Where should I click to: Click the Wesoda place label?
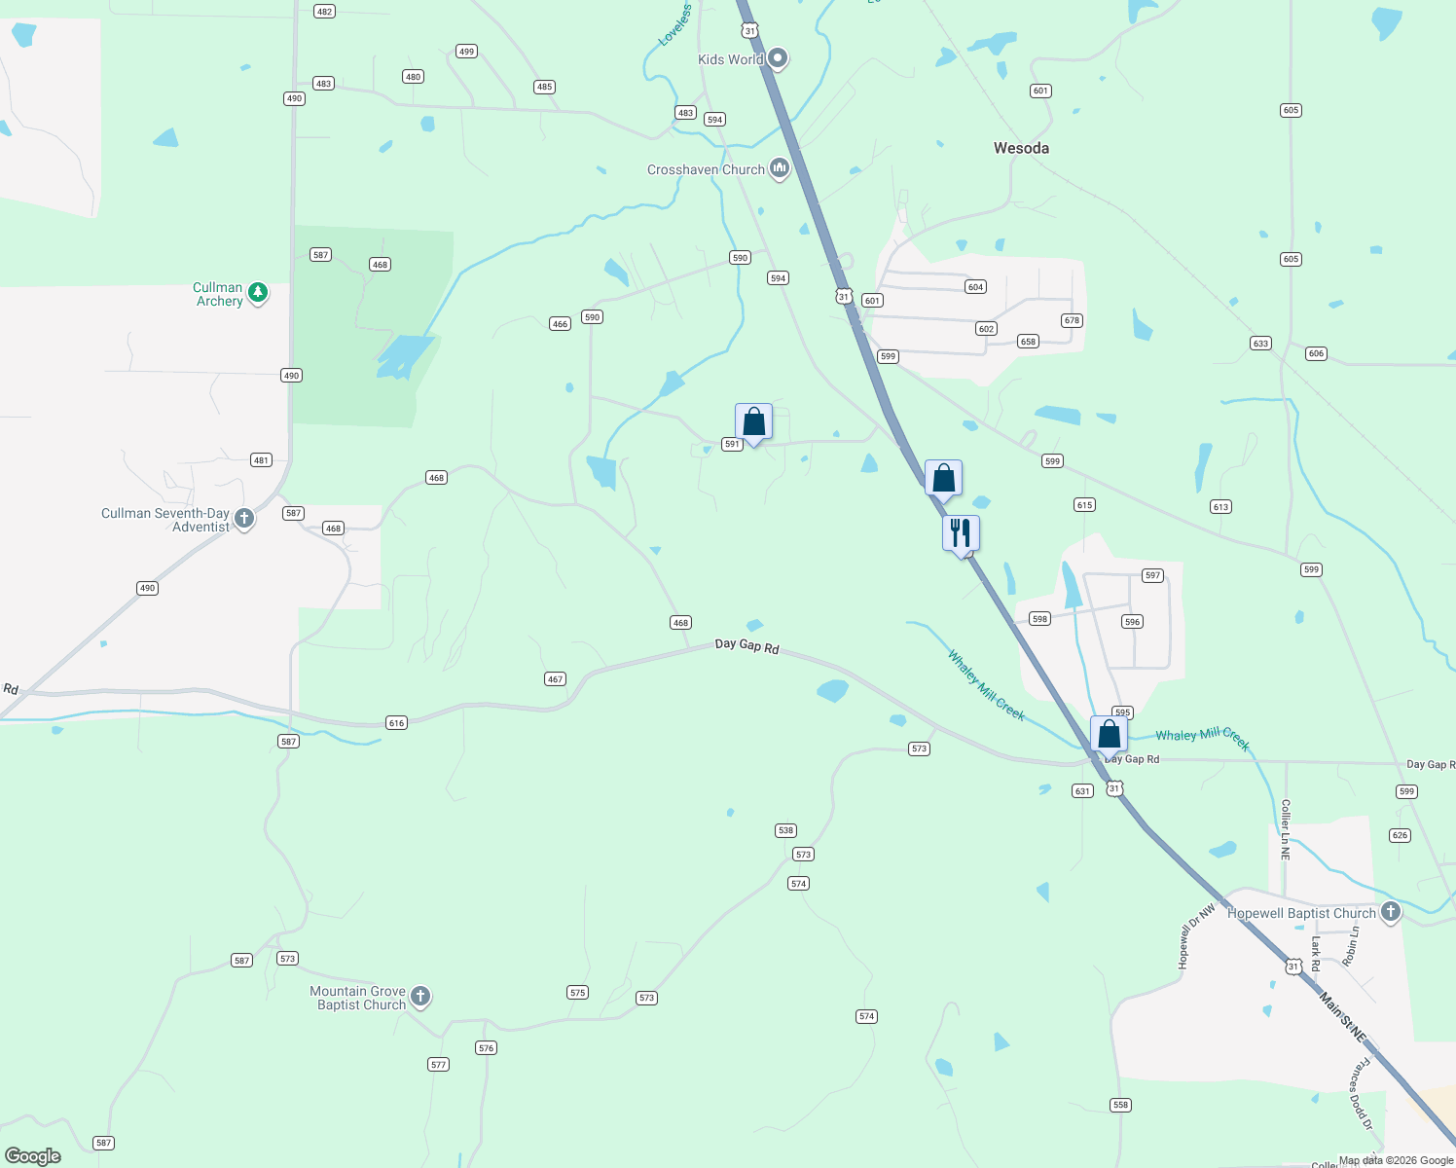(x=1021, y=148)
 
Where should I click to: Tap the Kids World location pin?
(x=777, y=58)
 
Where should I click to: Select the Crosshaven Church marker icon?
(x=779, y=168)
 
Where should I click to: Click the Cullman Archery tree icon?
(x=257, y=292)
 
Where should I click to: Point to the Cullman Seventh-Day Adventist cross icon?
(x=244, y=519)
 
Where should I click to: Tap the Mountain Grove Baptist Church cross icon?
(x=420, y=996)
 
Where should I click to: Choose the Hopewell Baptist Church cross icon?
(x=1391, y=912)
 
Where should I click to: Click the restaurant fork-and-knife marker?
(x=961, y=533)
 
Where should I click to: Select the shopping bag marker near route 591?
(x=753, y=422)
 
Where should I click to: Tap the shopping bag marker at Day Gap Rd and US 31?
(x=1109, y=734)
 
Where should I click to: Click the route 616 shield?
(x=396, y=722)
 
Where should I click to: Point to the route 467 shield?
(x=555, y=678)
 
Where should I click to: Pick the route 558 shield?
(x=1120, y=1105)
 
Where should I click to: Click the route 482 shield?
(x=325, y=12)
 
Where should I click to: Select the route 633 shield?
(x=1260, y=343)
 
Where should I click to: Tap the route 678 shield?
(x=1072, y=320)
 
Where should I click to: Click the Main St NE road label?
(x=1343, y=1017)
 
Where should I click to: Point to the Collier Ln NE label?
(x=1286, y=829)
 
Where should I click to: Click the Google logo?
(x=33, y=1155)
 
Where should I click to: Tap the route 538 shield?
(x=785, y=830)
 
